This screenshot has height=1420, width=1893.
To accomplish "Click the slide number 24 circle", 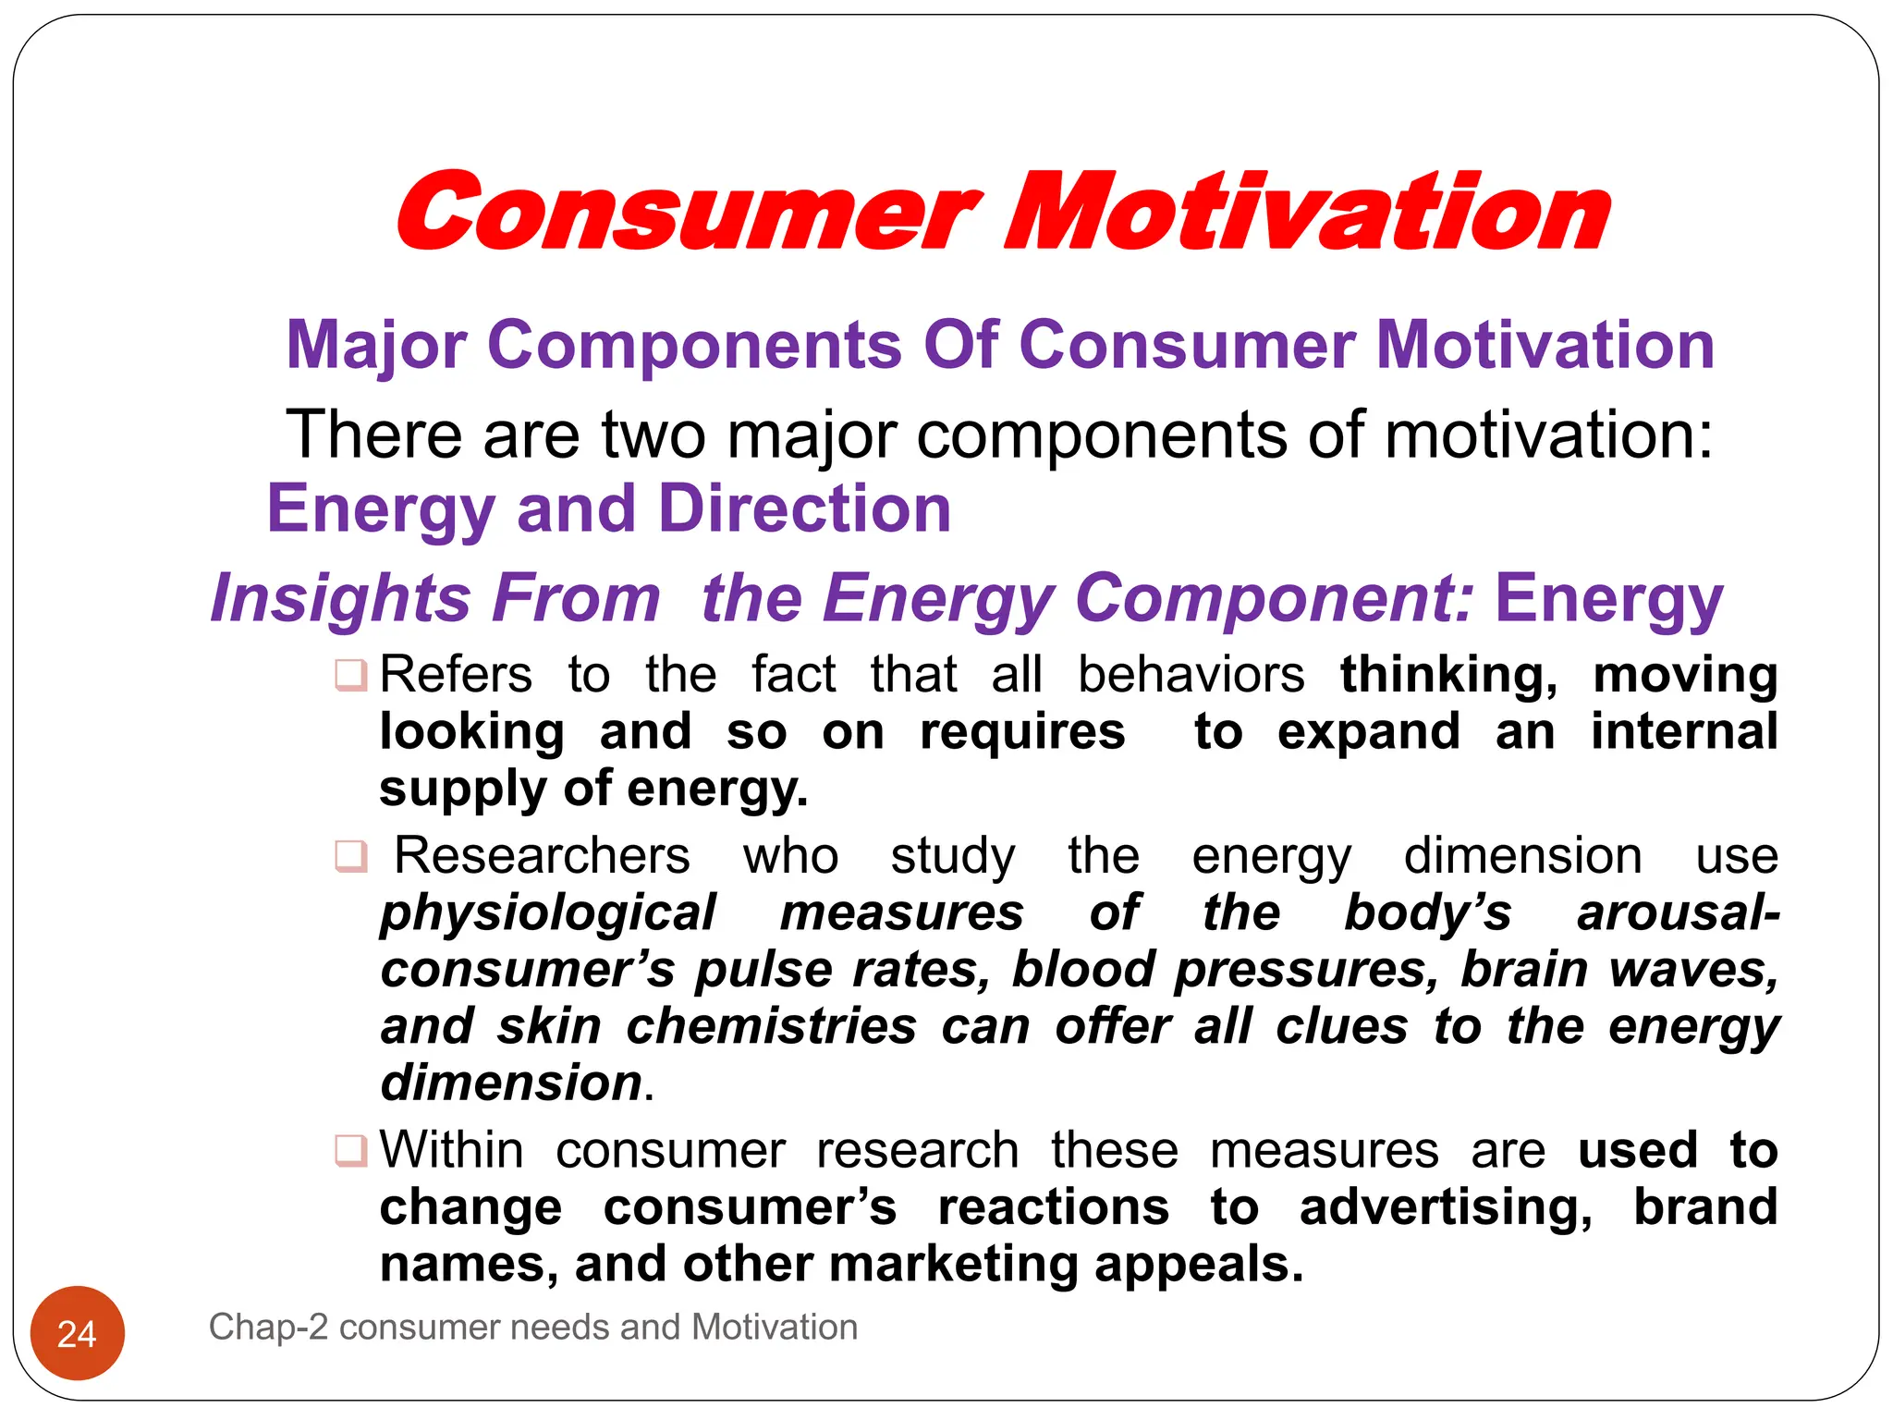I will pos(78,1332).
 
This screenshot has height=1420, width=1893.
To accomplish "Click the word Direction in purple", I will pos(805,509).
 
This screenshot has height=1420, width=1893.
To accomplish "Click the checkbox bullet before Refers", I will pos(351,675).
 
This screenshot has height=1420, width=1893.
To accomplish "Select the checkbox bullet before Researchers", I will pos(351,856).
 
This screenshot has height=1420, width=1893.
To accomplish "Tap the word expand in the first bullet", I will pos(1368,732).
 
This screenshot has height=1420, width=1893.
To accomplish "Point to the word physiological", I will pos(548,913).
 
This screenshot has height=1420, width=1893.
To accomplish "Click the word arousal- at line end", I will pos(1678,913).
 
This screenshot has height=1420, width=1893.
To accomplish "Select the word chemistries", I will pos(771,1027).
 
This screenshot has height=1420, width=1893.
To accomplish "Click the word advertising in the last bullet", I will pos(1445,1208).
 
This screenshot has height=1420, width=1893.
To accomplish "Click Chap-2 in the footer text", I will pos(268,1328).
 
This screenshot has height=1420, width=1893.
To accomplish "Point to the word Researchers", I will pos(543,856).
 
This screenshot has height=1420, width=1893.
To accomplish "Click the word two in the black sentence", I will pos(653,435).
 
